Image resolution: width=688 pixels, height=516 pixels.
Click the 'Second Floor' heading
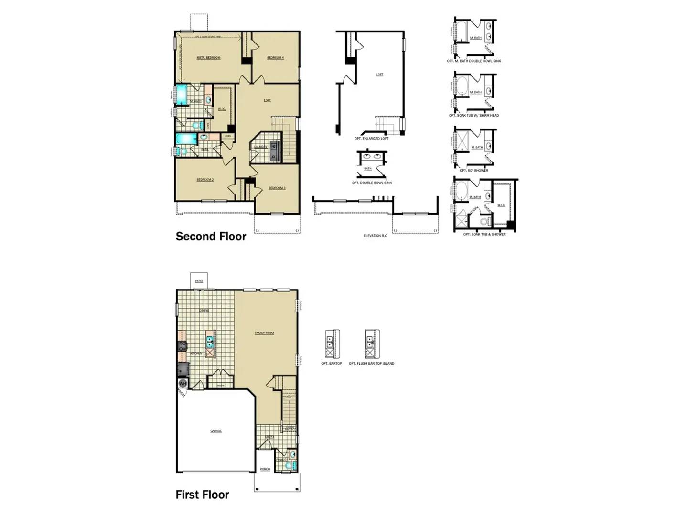tap(211, 236)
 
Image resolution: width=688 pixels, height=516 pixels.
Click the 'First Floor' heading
tap(202, 494)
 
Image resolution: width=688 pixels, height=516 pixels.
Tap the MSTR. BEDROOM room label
tap(208, 58)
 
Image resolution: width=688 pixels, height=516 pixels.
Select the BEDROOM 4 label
tap(275, 58)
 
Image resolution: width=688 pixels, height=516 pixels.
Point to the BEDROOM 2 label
tap(205, 180)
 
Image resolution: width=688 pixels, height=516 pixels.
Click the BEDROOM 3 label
tap(277, 188)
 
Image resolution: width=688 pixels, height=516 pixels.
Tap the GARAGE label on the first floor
tap(216, 431)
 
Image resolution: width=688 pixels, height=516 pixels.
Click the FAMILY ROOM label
tap(264, 333)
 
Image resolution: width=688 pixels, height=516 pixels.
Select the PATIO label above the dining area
tap(199, 281)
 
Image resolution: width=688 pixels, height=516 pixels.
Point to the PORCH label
tap(265, 469)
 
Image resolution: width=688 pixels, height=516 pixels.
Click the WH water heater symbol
tap(183, 384)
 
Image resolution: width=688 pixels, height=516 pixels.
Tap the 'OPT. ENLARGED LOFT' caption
tap(371, 139)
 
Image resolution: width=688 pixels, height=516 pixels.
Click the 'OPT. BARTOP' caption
tap(332, 364)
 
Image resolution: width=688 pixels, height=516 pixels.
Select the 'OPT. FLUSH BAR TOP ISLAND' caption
tap(371, 364)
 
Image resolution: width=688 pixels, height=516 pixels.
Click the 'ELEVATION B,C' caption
tap(375, 236)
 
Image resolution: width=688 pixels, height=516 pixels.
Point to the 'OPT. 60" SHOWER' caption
tap(474, 171)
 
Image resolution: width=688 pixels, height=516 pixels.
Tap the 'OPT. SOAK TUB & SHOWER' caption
tap(484, 234)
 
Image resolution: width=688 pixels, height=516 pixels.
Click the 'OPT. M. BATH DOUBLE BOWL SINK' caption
tap(474, 61)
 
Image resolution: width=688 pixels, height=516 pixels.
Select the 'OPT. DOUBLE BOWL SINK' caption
tap(372, 183)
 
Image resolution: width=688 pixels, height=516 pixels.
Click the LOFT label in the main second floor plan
tap(268, 100)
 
